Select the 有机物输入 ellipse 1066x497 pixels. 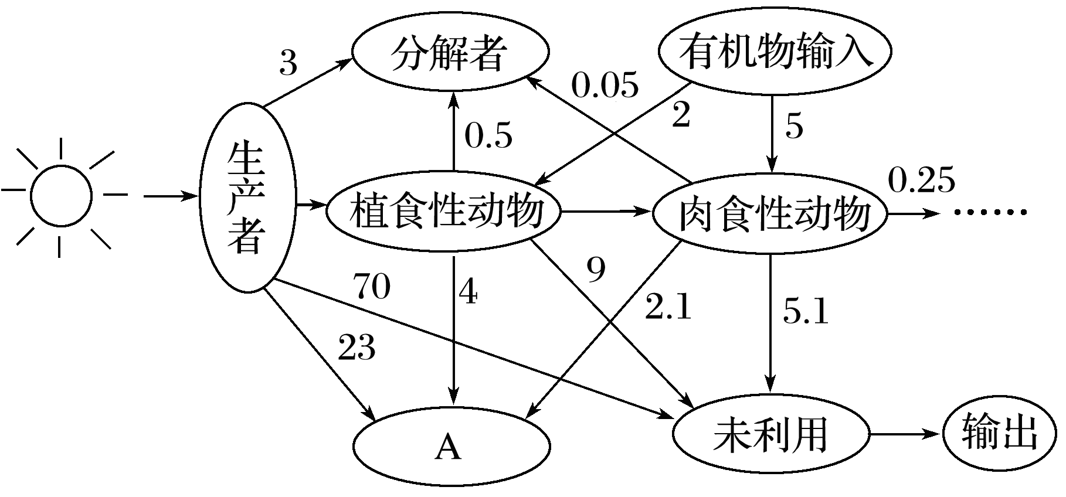(x=775, y=52)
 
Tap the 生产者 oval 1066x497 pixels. (x=246, y=197)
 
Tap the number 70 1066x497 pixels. (x=371, y=287)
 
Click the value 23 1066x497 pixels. (x=357, y=348)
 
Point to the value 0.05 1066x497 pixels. (x=605, y=86)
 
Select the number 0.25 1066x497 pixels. (x=921, y=180)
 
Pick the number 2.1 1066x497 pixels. (x=668, y=308)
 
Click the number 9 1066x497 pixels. (x=596, y=270)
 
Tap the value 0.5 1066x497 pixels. (x=488, y=135)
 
